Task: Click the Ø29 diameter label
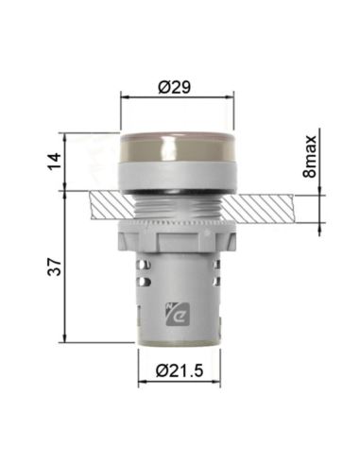[x=177, y=86]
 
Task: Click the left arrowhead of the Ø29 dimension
[x=127, y=96]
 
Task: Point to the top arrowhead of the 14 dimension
[x=63, y=134]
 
